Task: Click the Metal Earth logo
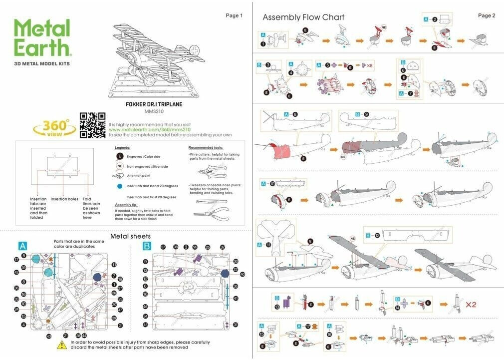(42, 39)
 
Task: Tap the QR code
(92, 125)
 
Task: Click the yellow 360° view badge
(53, 128)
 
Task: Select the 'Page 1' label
(234, 15)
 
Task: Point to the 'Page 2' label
(487, 15)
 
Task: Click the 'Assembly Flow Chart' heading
(303, 17)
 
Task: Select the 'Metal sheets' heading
(130, 236)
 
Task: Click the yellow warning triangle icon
(62, 345)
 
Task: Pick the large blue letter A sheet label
(22, 246)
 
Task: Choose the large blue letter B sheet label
(147, 246)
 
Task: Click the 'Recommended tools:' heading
(206, 148)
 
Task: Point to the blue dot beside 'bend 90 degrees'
(120, 185)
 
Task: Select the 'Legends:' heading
(122, 148)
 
